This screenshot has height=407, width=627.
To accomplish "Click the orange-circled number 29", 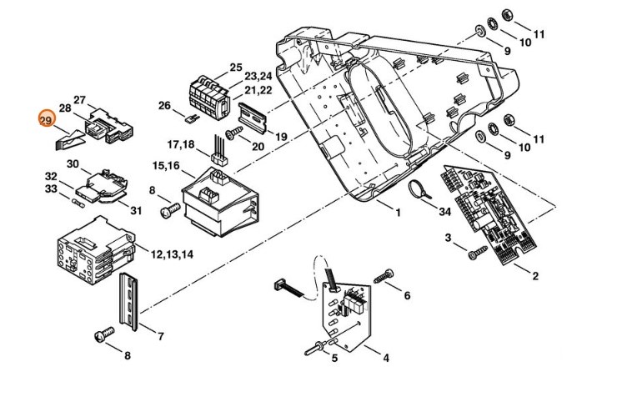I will (46, 121).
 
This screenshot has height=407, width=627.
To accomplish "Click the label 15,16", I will (164, 165).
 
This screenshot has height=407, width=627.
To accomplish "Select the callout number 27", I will (80, 100).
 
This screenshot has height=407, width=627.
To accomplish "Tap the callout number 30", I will (73, 163).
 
